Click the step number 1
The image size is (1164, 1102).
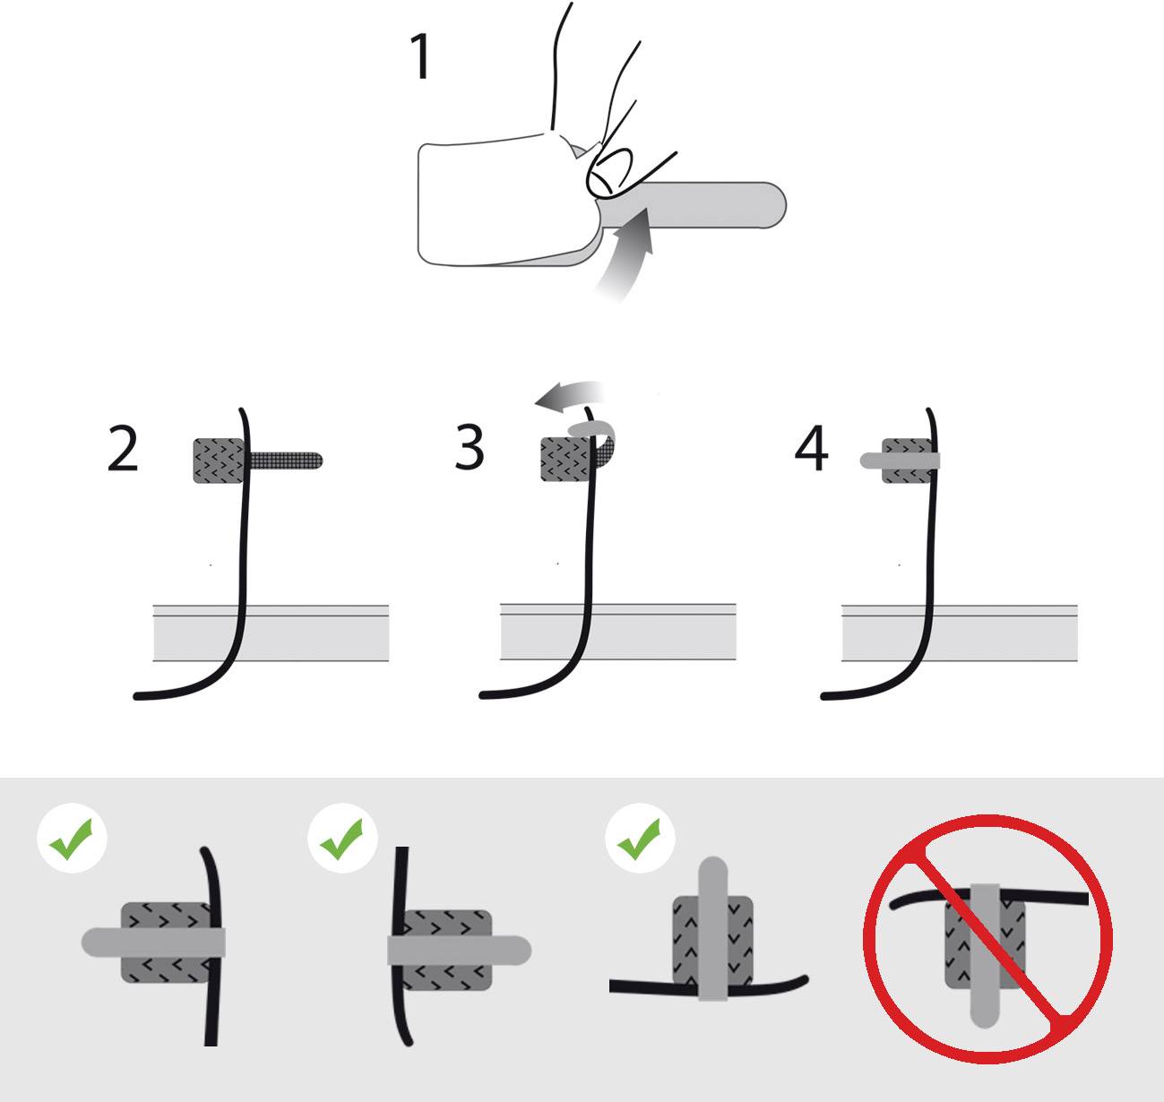[x=419, y=56]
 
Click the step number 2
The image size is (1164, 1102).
[x=123, y=449]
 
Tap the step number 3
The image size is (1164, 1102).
[x=470, y=447]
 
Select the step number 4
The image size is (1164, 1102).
[x=811, y=449]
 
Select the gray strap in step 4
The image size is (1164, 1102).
[x=896, y=461]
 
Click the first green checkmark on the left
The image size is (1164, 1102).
[x=72, y=842]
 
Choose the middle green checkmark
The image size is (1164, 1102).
[x=341, y=842]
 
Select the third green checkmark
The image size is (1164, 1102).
[x=640, y=842]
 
